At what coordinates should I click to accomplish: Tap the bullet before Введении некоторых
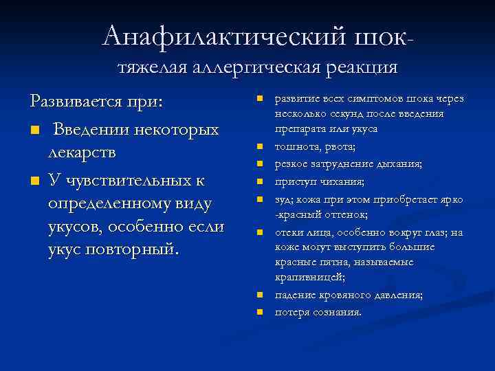[x=34, y=130]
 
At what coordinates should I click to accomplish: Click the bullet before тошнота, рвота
[x=260, y=146]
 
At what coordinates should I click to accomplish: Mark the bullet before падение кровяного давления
[x=260, y=295]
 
